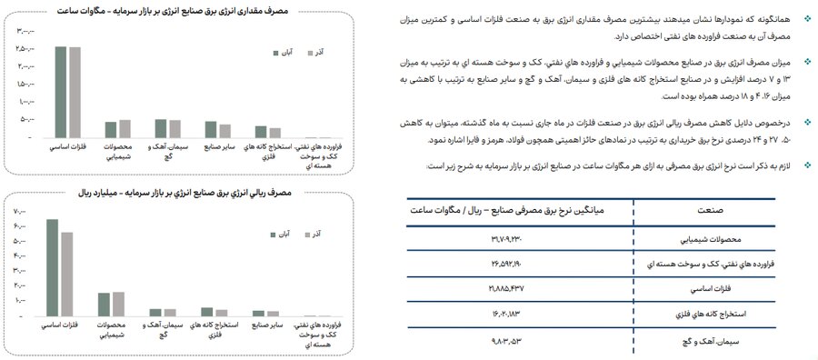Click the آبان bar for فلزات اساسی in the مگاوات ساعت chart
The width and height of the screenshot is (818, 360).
pyautogui.click(x=61, y=91)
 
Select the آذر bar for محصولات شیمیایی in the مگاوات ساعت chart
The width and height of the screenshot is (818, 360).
pyautogui.click(x=125, y=128)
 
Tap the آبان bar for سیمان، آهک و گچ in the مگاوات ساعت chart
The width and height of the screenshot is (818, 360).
pyautogui.click(x=160, y=128)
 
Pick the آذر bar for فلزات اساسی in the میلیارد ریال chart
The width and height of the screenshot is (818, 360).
pyautogui.click(x=67, y=275)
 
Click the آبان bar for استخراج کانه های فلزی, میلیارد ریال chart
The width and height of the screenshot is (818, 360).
pyautogui.click(x=207, y=312)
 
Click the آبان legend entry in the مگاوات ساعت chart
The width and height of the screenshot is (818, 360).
pyautogui.click(x=281, y=53)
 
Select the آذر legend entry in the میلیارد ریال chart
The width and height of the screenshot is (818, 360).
pyautogui.click(x=316, y=235)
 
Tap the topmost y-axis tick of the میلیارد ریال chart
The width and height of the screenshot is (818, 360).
pyautogui.click(x=20, y=212)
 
